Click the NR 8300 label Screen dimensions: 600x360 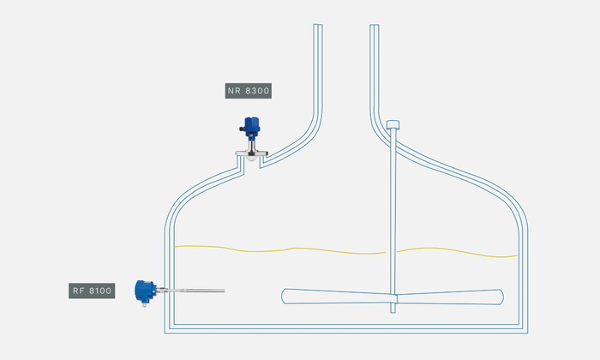point(249,91)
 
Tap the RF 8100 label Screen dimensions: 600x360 point(92,291)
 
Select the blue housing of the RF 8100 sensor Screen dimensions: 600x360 point(145,291)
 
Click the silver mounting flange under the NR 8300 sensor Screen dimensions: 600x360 point(251,153)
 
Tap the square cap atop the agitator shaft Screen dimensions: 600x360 point(393,125)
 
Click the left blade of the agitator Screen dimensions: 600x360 point(337,297)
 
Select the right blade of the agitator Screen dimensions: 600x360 point(450,297)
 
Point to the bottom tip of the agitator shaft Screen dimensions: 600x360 point(393,313)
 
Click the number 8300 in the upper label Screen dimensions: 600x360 point(257,91)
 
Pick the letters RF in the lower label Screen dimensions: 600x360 point(79,291)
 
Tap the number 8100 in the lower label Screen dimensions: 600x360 point(100,291)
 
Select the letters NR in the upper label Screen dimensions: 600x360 point(234,91)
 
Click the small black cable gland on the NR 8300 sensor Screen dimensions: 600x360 point(242,129)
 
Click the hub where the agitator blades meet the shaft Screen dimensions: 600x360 point(393,298)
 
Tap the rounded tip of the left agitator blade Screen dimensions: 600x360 point(284,296)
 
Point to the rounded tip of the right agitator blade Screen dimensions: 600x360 point(501,297)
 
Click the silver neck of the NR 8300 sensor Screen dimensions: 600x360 point(251,146)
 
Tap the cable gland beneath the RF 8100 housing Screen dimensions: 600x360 point(144,304)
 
